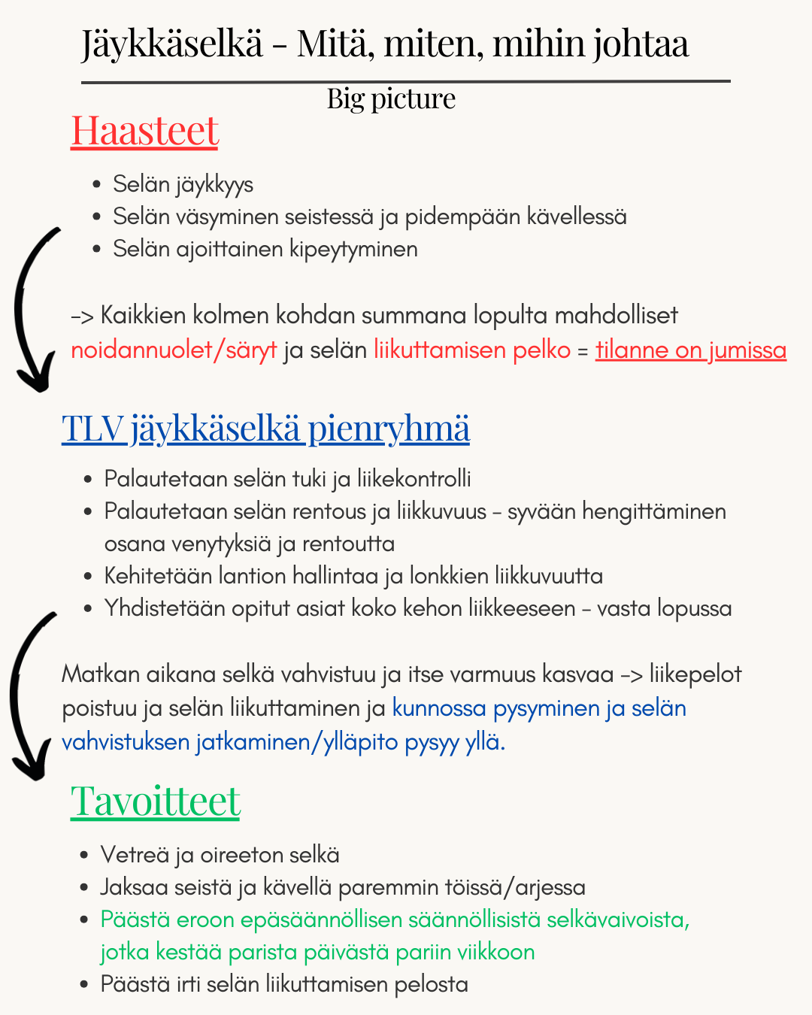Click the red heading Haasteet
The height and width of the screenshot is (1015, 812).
pos(144,131)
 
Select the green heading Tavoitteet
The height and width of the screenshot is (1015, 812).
pos(155,801)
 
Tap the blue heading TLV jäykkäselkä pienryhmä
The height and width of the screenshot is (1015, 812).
pos(265,429)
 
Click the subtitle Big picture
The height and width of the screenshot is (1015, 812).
pos(391,98)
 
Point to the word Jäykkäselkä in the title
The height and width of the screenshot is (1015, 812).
pos(172,44)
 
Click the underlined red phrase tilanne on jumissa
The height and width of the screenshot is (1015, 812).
pos(690,350)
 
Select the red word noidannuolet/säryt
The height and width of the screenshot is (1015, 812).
pos(174,350)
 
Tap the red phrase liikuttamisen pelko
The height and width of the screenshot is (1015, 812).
pos(472,350)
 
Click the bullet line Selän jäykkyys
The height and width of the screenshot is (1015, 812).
pos(183,184)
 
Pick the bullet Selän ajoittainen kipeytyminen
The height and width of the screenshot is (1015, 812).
pos(265,249)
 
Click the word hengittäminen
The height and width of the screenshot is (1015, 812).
pos(654,512)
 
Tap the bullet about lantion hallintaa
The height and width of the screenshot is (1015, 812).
pos(353,577)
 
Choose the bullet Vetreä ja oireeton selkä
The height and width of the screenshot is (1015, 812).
pos(220,855)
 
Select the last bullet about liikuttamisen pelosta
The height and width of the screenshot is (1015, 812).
pos(284,984)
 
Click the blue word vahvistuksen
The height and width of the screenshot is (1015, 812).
pos(126,742)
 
